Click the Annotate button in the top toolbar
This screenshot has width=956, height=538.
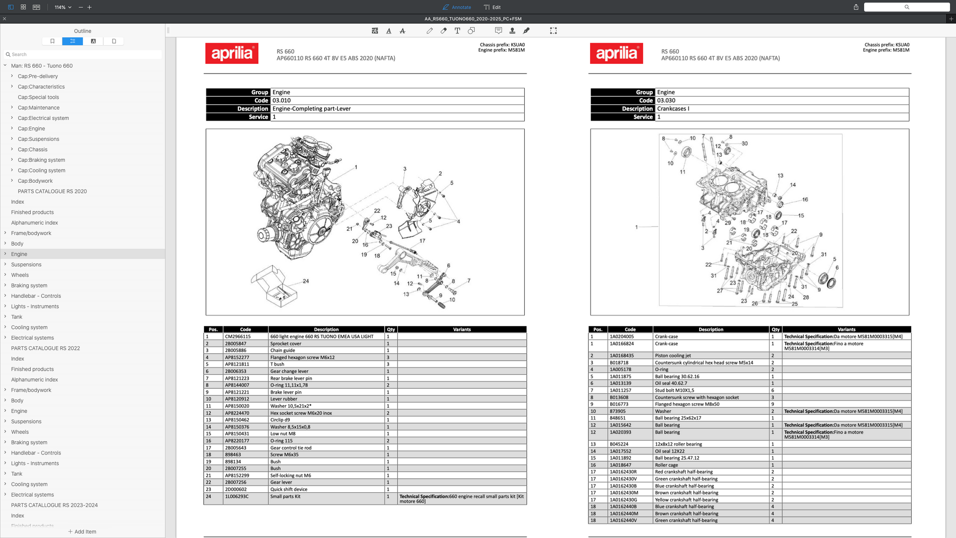(457, 7)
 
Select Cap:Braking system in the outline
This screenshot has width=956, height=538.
(41, 160)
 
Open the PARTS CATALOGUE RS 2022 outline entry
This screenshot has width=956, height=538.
(45, 348)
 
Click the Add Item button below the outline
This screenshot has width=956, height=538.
(82, 532)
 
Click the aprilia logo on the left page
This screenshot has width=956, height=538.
(232, 54)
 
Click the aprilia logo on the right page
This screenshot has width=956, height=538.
(617, 54)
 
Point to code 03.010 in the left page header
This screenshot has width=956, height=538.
(281, 101)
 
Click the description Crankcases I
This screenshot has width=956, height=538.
(673, 109)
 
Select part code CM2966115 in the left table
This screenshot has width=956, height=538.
(238, 337)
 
